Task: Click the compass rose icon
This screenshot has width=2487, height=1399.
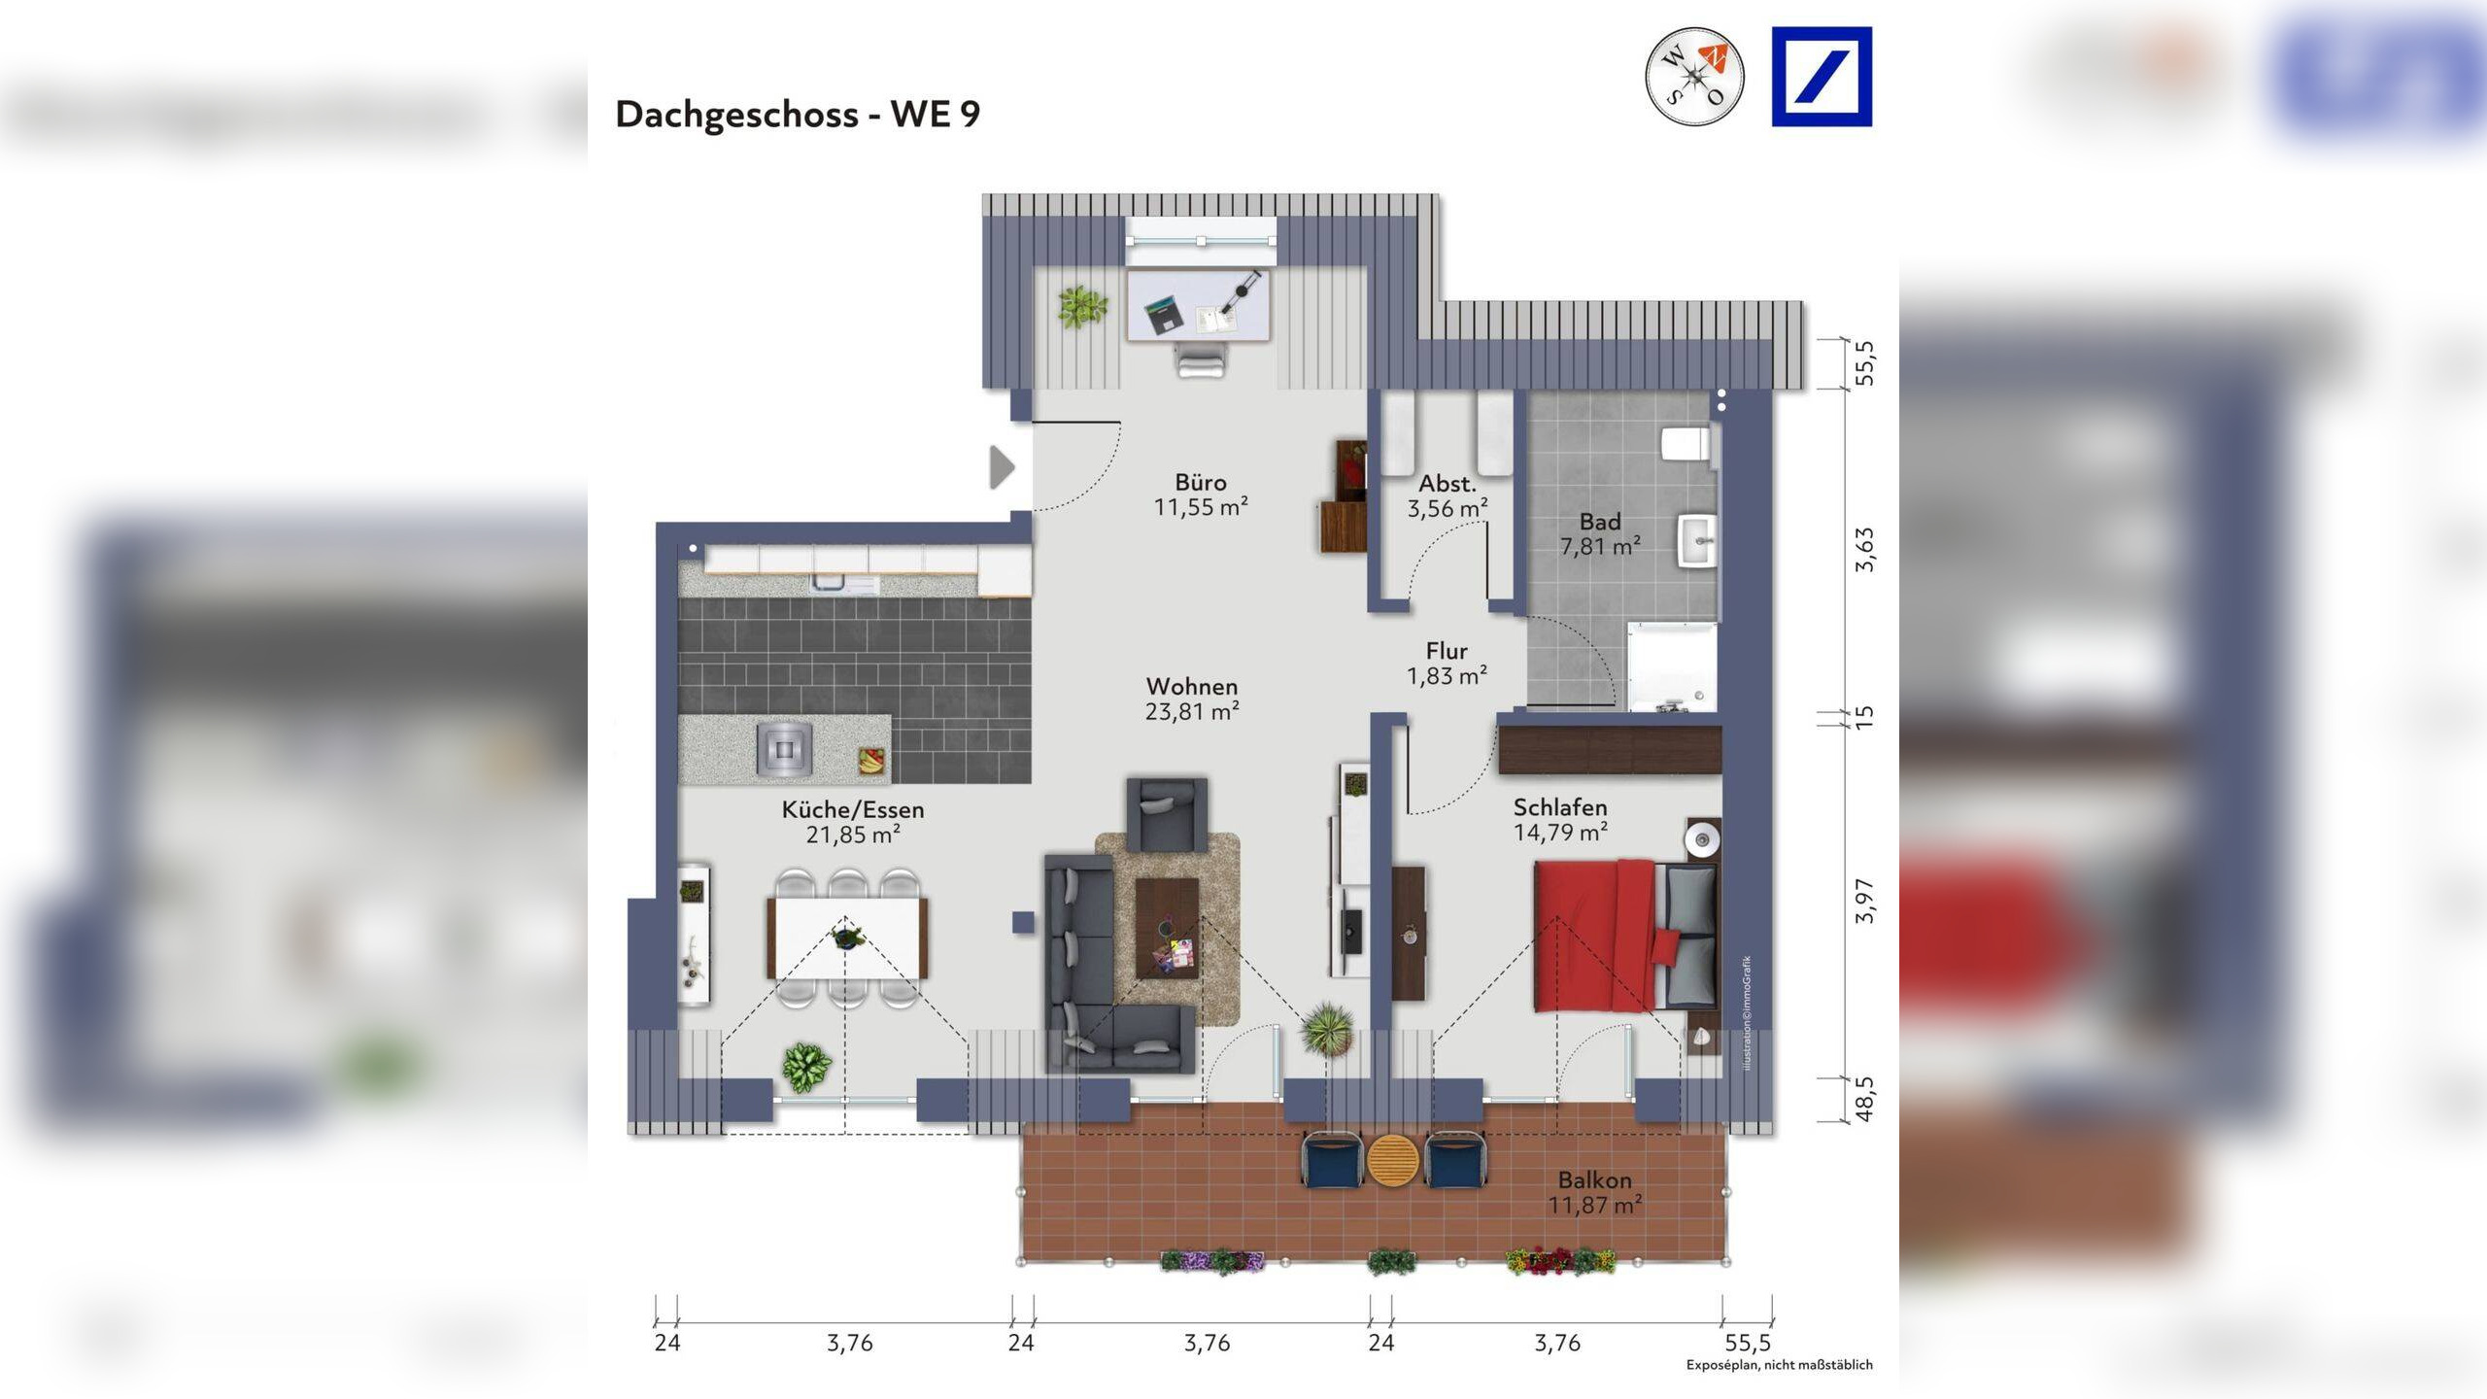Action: pos(1694,77)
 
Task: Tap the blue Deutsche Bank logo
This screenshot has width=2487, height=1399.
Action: pos(1822,77)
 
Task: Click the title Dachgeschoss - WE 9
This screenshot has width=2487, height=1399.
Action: pos(798,115)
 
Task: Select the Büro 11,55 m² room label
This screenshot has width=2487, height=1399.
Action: pos(1201,495)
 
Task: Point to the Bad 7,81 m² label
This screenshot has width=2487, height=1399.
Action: pos(1600,534)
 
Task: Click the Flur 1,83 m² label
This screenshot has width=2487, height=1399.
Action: pos(1447,664)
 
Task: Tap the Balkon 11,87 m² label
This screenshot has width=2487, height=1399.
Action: pos(1594,1192)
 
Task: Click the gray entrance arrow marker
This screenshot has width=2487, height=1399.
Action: pos(1002,467)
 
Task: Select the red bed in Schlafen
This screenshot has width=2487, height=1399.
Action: pos(1593,936)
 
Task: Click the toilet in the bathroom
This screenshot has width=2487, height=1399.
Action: pos(1686,444)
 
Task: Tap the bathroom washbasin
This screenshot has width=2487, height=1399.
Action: pos(1697,540)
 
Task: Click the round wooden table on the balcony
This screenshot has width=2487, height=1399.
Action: pos(1392,1160)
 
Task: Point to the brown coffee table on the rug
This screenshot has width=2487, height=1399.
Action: pos(1167,929)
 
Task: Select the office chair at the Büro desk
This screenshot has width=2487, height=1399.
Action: pos(1201,359)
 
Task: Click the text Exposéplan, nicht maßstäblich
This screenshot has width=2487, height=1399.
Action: pos(1779,1365)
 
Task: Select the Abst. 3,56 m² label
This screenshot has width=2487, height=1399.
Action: pos(1448,495)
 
